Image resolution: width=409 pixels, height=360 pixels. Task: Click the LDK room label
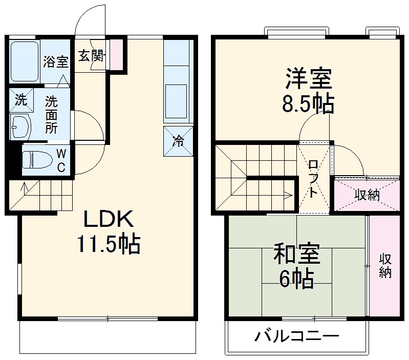click(109, 220)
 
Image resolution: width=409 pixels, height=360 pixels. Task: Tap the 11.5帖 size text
click(109, 245)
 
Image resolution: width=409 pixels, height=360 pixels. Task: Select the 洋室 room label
click(309, 80)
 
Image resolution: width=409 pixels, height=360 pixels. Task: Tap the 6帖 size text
click(296, 279)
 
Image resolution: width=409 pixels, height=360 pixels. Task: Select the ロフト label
click(313, 178)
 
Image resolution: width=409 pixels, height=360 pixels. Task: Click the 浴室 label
click(55, 62)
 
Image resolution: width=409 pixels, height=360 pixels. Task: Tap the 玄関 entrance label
click(91, 55)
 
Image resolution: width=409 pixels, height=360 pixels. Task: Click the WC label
click(60, 160)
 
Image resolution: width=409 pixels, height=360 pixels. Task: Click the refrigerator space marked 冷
click(178, 141)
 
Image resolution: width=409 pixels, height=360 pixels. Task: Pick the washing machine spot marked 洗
click(20, 100)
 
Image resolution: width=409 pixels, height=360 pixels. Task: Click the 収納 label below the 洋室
click(367, 195)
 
